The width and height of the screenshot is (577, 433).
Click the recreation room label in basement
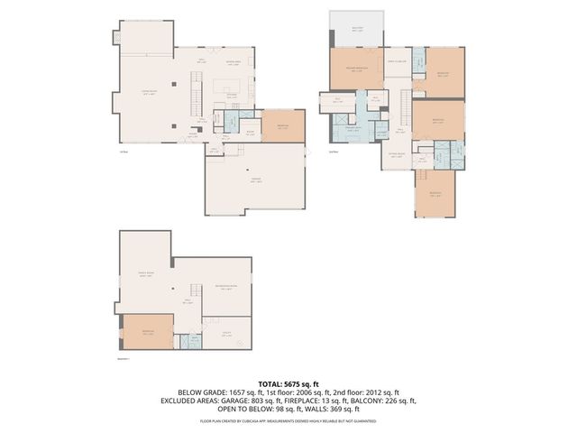point(224,288)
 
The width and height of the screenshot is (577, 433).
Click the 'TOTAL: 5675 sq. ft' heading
point(288,383)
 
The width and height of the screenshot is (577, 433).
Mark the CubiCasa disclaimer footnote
point(288,420)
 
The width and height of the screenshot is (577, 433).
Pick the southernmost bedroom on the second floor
point(436,193)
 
